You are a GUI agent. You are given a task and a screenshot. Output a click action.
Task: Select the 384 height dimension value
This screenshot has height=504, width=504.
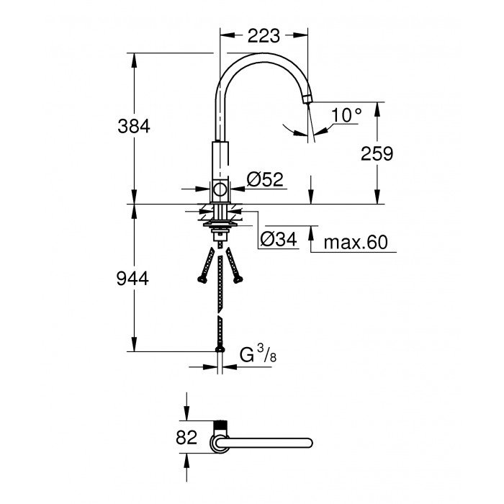coord(135,126)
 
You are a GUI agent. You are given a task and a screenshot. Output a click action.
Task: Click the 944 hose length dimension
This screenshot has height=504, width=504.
coord(135,279)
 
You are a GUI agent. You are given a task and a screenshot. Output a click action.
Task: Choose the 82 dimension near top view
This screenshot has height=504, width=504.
coord(186,437)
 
